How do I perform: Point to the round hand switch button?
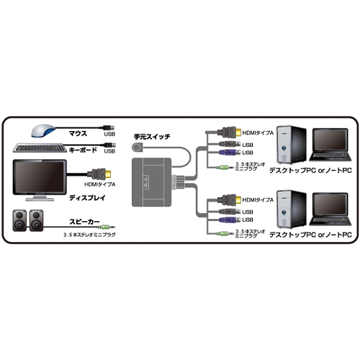[138, 148]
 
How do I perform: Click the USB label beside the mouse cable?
[109, 133]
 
